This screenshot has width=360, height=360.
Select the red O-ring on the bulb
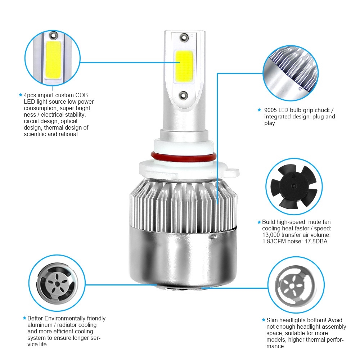184,157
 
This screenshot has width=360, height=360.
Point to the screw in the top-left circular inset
53,35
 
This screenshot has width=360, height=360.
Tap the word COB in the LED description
81,95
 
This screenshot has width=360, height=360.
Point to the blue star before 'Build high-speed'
259,222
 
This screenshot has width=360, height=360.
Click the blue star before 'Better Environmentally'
24,318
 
